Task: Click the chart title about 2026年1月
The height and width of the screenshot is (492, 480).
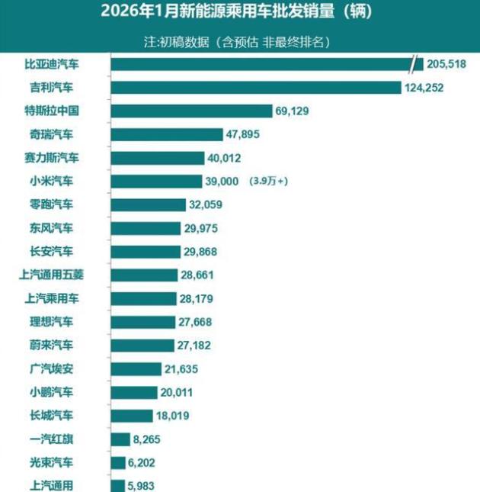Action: [240, 13]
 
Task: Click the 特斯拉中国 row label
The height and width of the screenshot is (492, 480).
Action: [51, 111]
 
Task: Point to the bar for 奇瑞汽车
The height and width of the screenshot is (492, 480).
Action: [165, 135]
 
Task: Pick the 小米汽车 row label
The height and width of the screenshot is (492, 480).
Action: [51, 182]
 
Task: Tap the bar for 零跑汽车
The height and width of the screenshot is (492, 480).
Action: [149, 204]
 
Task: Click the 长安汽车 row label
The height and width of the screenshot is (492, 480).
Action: [51, 252]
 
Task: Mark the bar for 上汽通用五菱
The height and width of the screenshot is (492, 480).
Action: [143, 275]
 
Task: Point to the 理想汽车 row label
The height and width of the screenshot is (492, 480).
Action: [51, 322]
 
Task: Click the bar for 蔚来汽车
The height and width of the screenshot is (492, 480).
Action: [142, 345]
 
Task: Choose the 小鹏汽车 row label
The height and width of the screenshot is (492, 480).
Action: [51, 392]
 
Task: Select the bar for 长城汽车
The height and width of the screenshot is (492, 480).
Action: [132, 416]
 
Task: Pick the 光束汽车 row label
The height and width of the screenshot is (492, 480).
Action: [51, 462]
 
